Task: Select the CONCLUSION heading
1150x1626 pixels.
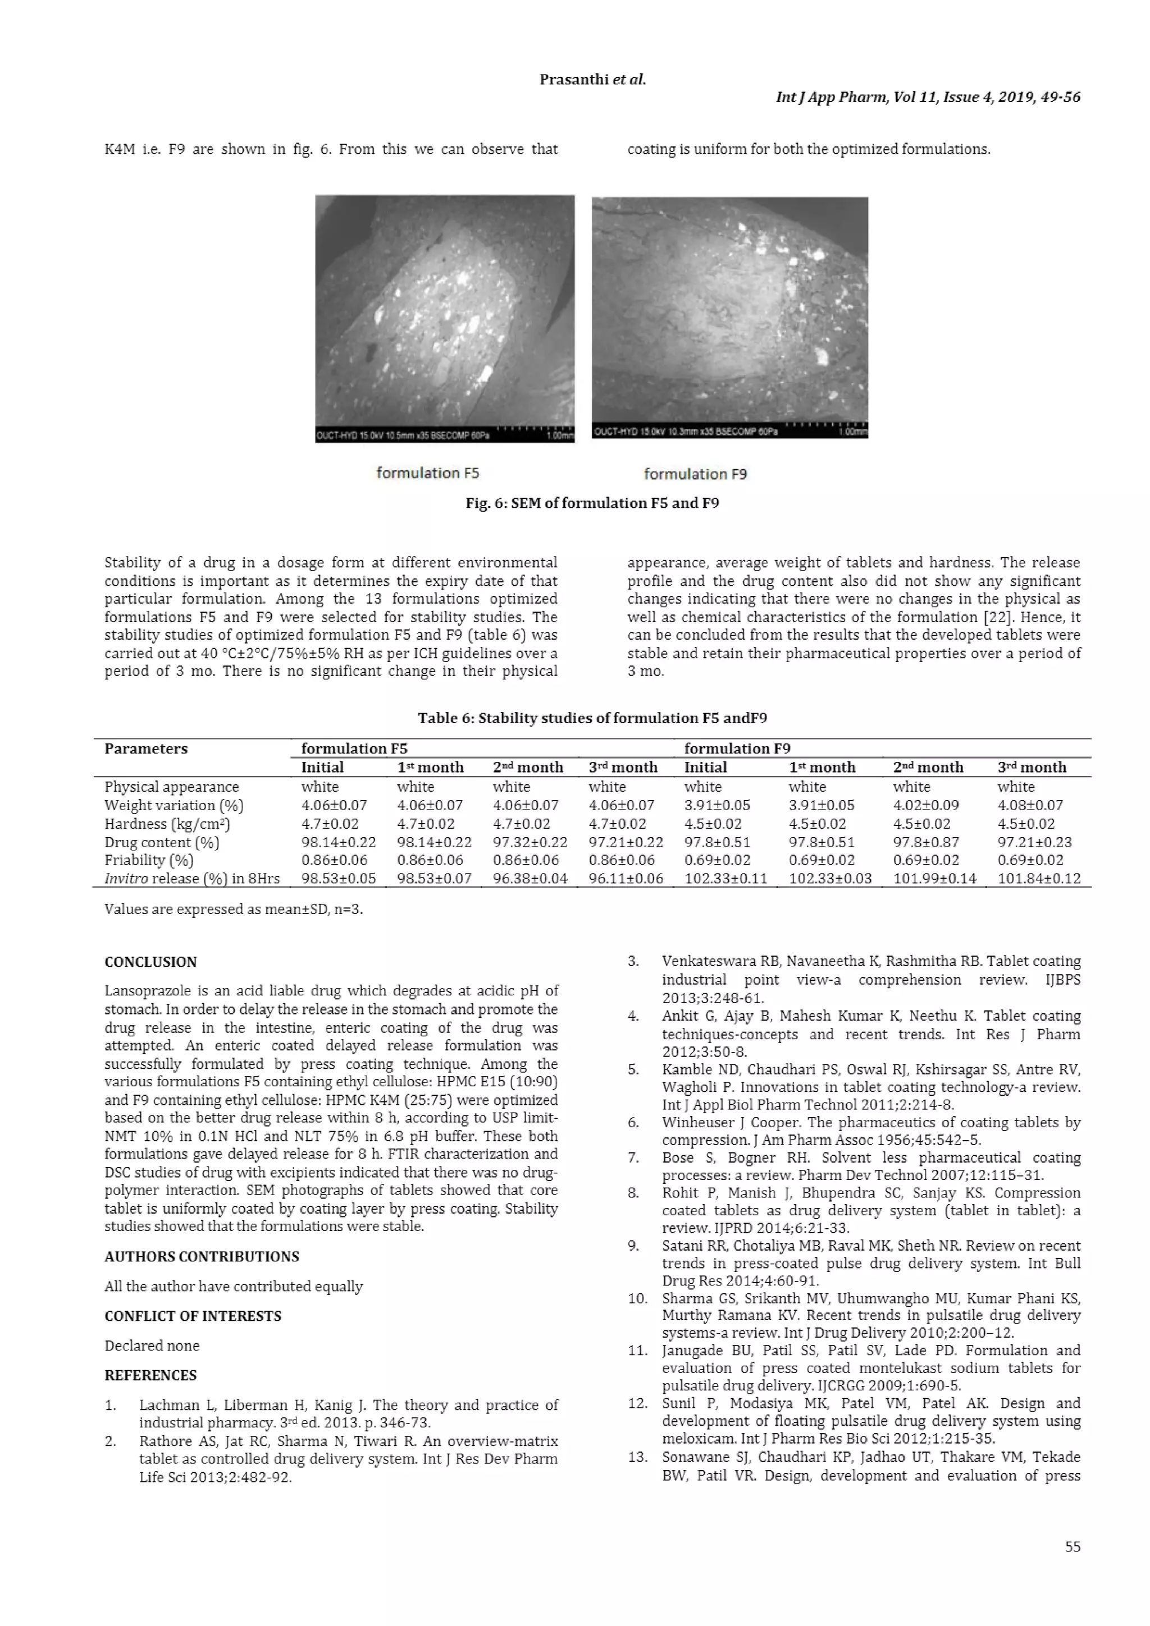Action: point(150,962)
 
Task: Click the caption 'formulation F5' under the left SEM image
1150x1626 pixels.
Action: point(427,472)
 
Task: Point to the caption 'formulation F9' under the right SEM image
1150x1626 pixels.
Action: point(695,474)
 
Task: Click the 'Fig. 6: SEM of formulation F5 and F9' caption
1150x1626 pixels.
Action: point(592,503)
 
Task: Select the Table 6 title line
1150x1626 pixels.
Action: point(592,718)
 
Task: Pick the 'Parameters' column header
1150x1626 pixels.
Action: point(146,748)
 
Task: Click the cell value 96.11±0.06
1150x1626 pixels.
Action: point(626,878)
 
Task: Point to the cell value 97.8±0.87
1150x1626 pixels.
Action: point(926,842)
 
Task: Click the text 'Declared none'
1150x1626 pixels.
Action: point(152,1345)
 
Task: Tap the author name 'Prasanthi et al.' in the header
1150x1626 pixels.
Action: point(592,79)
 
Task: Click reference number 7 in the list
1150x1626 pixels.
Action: point(633,1158)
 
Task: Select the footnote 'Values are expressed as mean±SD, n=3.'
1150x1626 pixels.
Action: point(233,910)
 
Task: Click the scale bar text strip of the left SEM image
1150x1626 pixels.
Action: point(444,435)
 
